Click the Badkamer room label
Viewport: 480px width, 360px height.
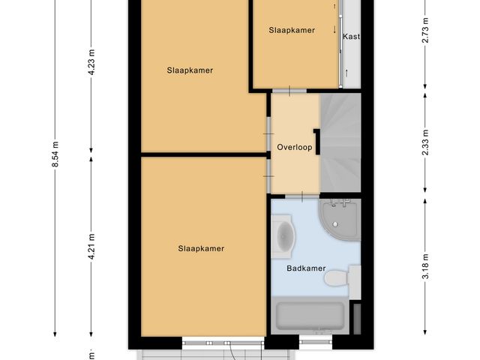(x=306, y=268)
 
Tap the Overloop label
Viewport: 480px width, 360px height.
(x=294, y=148)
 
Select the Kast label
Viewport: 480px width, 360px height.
(x=351, y=36)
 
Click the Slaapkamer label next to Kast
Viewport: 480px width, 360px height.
(x=292, y=30)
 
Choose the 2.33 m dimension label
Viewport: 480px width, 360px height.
(x=425, y=144)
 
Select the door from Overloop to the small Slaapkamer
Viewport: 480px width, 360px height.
(x=295, y=91)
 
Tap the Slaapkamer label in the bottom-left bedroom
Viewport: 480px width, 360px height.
(x=201, y=248)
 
